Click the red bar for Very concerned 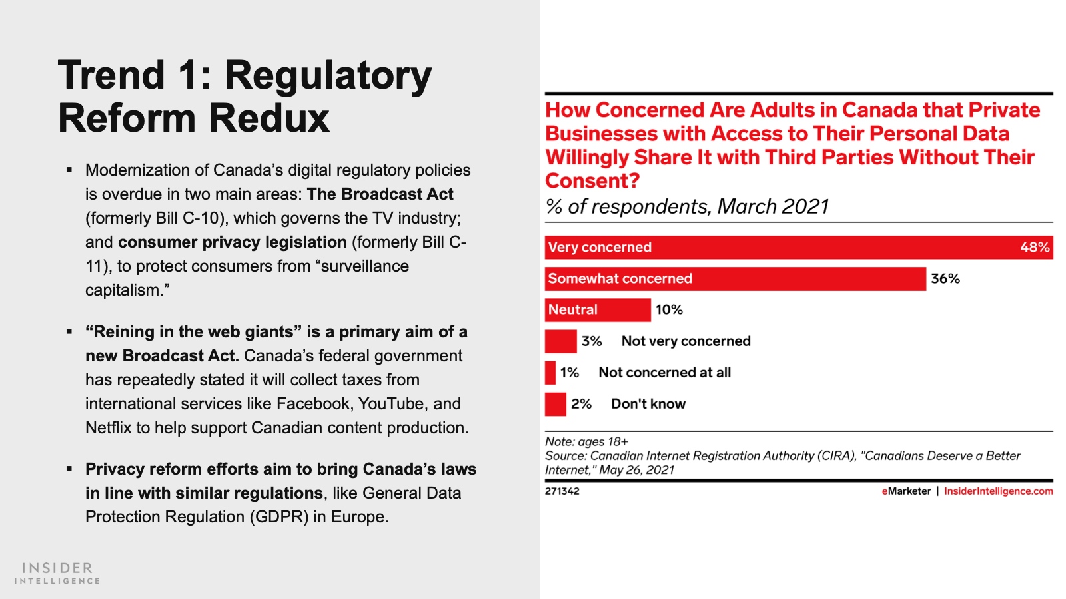[798, 247]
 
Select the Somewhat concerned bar [735, 278]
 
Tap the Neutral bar [597, 309]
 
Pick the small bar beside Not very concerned [560, 341]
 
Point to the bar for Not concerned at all [550, 372]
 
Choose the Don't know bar [555, 403]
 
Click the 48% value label [1035, 247]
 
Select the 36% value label [945, 278]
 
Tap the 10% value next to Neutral [669, 309]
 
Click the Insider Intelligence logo [57, 572]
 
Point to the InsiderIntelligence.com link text [998, 491]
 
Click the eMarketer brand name [906, 491]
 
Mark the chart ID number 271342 [562, 491]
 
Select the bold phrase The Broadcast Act [380, 194]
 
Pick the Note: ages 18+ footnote [586, 441]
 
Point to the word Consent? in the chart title [592, 180]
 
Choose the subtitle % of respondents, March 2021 [687, 206]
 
